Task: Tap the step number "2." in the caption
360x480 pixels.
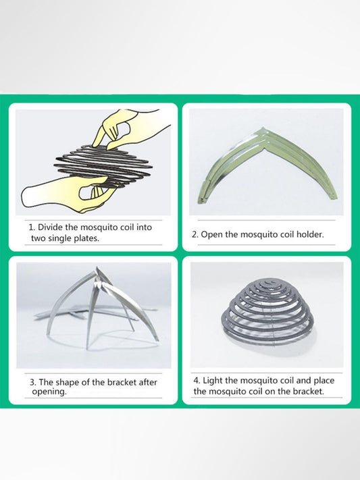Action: (195, 235)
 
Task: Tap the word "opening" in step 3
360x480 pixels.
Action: (49, 392)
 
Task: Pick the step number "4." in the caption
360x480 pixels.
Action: (197, 381)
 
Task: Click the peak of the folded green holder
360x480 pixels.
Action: (263, 128)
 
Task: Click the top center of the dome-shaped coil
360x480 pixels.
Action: (268, 281)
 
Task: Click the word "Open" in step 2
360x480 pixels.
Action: (212, 235)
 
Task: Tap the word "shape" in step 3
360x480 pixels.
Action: (67, 383)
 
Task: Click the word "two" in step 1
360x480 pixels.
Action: (38, 238)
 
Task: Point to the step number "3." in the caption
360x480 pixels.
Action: (33, 382)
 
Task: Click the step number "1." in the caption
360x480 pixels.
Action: (32, 228)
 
